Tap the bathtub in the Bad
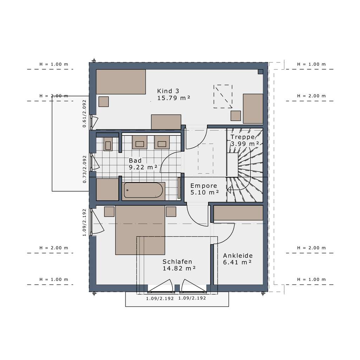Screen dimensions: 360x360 tap(143, 191)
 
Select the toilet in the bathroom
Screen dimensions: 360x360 tap(108, 144)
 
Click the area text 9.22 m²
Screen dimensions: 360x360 tap(143, 168)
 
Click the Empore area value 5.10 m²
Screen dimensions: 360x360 tap(205, 192)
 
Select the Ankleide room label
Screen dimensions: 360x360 tap(238, 256)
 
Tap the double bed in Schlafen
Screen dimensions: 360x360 tap(140, 230)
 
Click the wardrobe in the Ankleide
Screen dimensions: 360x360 tap(238, 213)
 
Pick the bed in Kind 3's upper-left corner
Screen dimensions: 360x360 tap(121, 82)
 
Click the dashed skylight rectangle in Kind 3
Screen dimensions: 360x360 tap(223, 96)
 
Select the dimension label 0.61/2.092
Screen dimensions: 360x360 tap(84, 113)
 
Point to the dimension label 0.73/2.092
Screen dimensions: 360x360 tap(84, 169)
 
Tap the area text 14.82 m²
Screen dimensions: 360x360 tap(179, 268)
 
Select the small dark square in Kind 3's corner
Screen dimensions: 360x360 tap(260, 72)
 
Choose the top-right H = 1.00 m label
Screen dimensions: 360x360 tap(311, 64)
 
